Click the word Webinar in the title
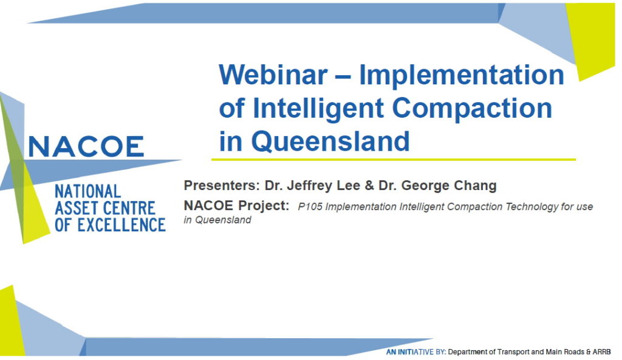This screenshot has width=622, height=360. click(273, 75)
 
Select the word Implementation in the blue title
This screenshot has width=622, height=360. click(462, 76)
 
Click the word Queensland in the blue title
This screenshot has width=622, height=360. click(330, 141)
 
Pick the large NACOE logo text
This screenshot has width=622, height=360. click(86, 147)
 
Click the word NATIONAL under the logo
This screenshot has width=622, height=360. click(87, 191)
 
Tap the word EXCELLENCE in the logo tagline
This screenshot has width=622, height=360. click(121, 225)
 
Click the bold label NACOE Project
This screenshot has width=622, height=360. click(236, 205)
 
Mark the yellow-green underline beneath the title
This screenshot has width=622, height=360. click(394, 160)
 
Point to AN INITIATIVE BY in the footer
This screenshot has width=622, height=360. click(416, 352)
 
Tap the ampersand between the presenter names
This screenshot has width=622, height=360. click(369, 186)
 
